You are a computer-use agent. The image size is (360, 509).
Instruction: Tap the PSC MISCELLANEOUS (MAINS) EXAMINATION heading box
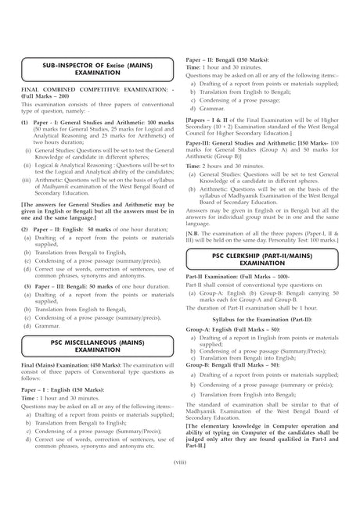point(97,345)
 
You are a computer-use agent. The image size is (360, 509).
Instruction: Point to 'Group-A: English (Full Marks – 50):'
point(232,330)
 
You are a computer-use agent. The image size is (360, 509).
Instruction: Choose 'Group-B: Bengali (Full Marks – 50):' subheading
point(233,366)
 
